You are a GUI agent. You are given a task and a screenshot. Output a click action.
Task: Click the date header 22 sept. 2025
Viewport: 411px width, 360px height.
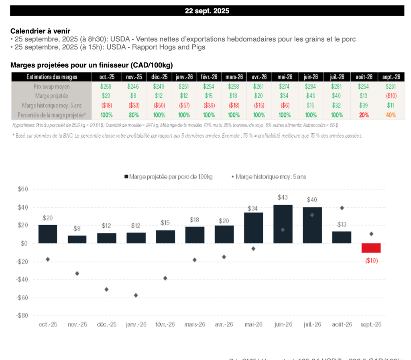point(207,11)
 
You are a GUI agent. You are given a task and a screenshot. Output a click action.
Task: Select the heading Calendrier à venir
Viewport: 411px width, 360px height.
point(40,31)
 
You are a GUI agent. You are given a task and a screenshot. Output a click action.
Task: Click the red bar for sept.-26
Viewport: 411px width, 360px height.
point(371,248)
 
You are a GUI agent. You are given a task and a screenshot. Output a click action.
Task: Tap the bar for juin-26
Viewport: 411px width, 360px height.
point(283,224)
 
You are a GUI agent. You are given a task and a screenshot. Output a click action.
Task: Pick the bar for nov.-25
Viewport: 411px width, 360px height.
point(77,239)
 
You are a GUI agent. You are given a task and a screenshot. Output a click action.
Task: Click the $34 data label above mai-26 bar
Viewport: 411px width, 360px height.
point(254,208)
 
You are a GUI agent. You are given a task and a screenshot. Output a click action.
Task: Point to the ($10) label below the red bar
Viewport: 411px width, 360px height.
point(371,261)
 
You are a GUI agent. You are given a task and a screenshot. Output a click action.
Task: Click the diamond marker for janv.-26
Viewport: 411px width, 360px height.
point(136,295)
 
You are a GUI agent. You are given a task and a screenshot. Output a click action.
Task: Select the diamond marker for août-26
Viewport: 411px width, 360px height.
point(342,208)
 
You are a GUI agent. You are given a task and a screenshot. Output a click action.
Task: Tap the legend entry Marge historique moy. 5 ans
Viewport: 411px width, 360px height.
point(270,176)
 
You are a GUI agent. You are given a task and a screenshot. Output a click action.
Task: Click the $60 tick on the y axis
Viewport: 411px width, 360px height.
point(22,189)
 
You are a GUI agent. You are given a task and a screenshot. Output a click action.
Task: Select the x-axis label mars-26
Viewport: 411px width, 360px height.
point(195,324)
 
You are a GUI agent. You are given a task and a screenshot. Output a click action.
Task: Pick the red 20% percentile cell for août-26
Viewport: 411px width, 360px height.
point(364,115)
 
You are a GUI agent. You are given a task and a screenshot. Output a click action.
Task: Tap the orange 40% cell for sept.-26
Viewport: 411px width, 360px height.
point(391,115)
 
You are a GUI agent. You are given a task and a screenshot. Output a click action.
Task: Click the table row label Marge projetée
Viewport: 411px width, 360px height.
point(51,96)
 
